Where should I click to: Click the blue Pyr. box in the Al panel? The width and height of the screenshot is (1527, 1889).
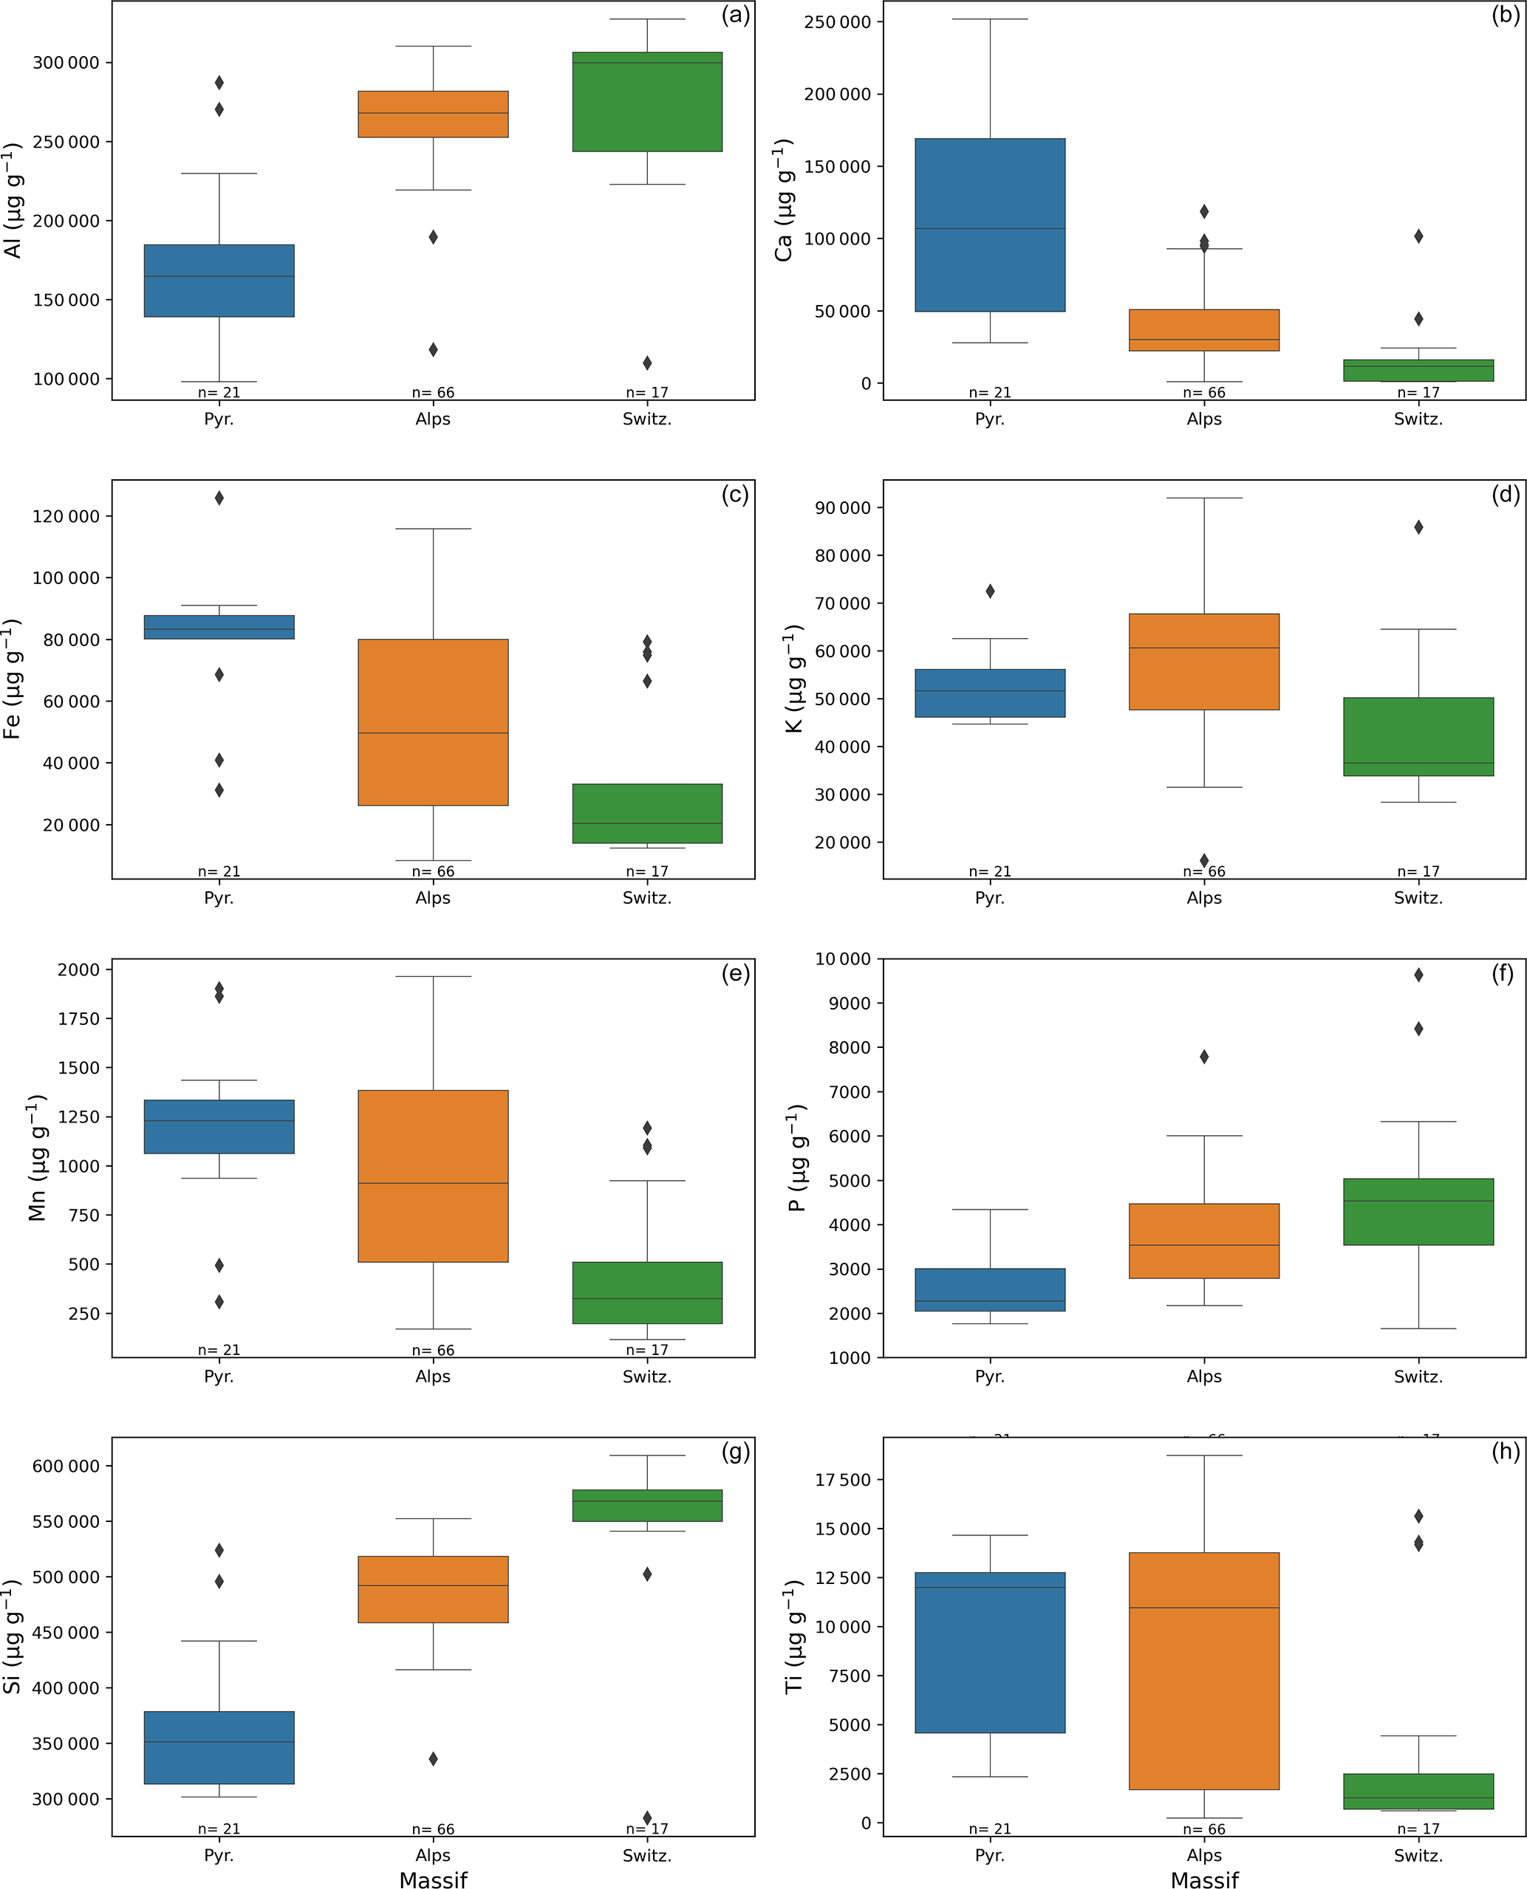(219, 281)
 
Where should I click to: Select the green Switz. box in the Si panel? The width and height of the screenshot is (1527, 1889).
(646, 1505)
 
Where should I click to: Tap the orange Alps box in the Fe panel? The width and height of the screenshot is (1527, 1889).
(433, 722)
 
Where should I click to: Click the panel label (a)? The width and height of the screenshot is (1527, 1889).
(735, 15)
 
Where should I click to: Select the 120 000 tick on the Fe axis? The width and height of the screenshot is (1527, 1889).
(65, 516)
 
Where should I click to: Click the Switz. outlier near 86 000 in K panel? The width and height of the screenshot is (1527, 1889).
(1418, 527)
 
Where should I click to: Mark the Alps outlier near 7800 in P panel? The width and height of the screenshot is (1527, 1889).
(1204, 1056)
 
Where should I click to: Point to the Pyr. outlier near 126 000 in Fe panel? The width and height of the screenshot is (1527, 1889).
(219, 498)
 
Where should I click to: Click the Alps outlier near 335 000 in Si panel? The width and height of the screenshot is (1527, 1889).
(433, 1758)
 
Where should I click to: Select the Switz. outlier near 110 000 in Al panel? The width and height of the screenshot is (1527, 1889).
(646, 363)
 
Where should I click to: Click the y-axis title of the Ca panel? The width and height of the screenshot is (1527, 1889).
(783, 199)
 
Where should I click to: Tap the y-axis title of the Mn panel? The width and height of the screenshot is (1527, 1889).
(37, 1157)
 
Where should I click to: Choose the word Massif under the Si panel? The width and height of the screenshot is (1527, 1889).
(433, 1879)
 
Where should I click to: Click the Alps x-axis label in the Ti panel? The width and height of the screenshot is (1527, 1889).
(1203, 1855)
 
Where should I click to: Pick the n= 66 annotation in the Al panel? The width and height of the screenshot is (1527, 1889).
(433, 392)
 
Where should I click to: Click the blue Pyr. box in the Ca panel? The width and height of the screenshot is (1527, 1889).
(990, 224)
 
